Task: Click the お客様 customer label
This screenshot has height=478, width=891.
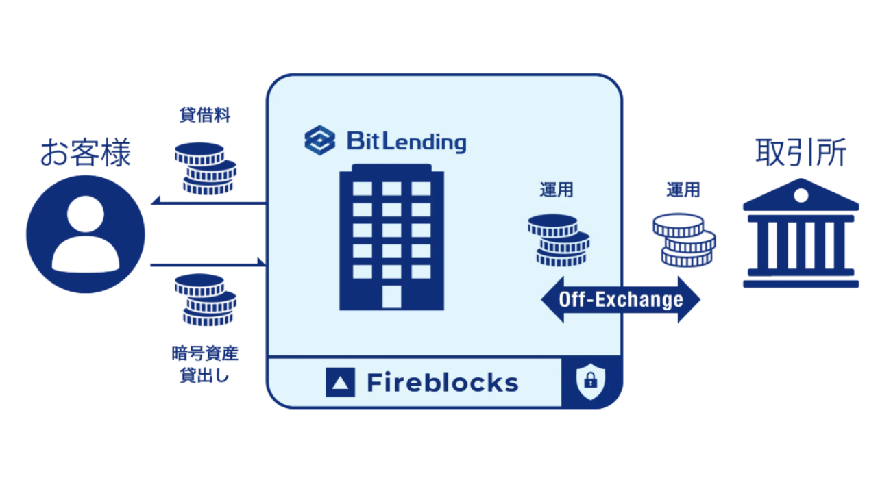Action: (x=86, y=153)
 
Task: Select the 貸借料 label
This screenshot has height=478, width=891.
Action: (x=205, y=115)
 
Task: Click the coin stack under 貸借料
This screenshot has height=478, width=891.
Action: (x=205, y=168)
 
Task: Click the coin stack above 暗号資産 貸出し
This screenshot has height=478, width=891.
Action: (x=205, y=300)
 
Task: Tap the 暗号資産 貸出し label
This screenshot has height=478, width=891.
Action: (x=205, y=364)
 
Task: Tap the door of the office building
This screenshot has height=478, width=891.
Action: (x=391, y=297)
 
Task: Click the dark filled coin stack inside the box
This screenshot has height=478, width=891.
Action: (x=559, y=240)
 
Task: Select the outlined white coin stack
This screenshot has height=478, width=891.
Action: (x=683, y=240)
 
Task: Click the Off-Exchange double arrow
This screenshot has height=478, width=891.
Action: (x=621, y=299)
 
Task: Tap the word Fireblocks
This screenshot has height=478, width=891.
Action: (x=443, y=382)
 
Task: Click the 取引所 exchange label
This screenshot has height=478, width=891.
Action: (x=801, y=153)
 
